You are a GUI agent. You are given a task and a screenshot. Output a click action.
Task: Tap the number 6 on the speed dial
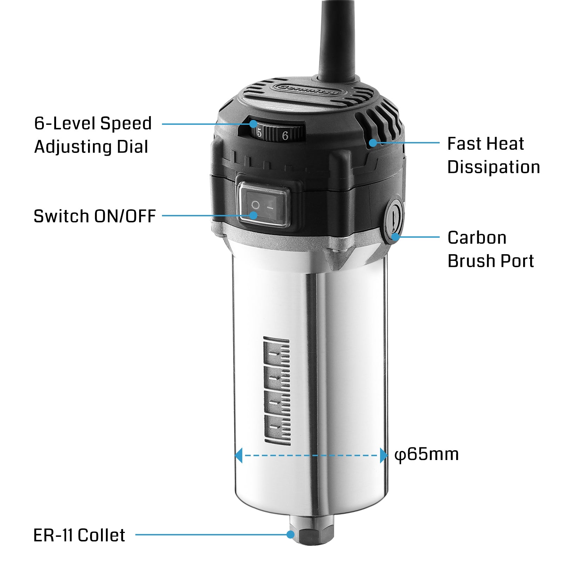click(285, 135)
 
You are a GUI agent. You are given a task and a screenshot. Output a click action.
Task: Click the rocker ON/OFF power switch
click(264, 207)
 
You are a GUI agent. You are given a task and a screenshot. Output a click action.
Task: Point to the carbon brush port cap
click(394, 222)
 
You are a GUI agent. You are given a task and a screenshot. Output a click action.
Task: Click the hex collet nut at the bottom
click(312, 534)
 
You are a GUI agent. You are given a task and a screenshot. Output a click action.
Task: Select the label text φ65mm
click(426, 454)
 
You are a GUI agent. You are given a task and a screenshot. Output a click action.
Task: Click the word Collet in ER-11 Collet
click(101, 535)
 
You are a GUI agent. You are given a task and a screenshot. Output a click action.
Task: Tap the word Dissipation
click(494, 167)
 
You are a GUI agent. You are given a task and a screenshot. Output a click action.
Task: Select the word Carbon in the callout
click(477, 238)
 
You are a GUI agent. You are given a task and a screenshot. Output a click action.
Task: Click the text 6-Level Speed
click(93, 123)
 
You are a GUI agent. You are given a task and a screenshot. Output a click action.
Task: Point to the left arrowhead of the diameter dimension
click(238, 455)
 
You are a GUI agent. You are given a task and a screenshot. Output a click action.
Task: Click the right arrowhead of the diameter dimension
click(384, 455)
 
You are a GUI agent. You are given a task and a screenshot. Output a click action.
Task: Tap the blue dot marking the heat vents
click(373, 143)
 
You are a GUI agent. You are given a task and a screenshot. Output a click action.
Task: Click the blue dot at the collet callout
click(290, 534)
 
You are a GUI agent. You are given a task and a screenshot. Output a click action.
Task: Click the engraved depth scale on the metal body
click(277, 391)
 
